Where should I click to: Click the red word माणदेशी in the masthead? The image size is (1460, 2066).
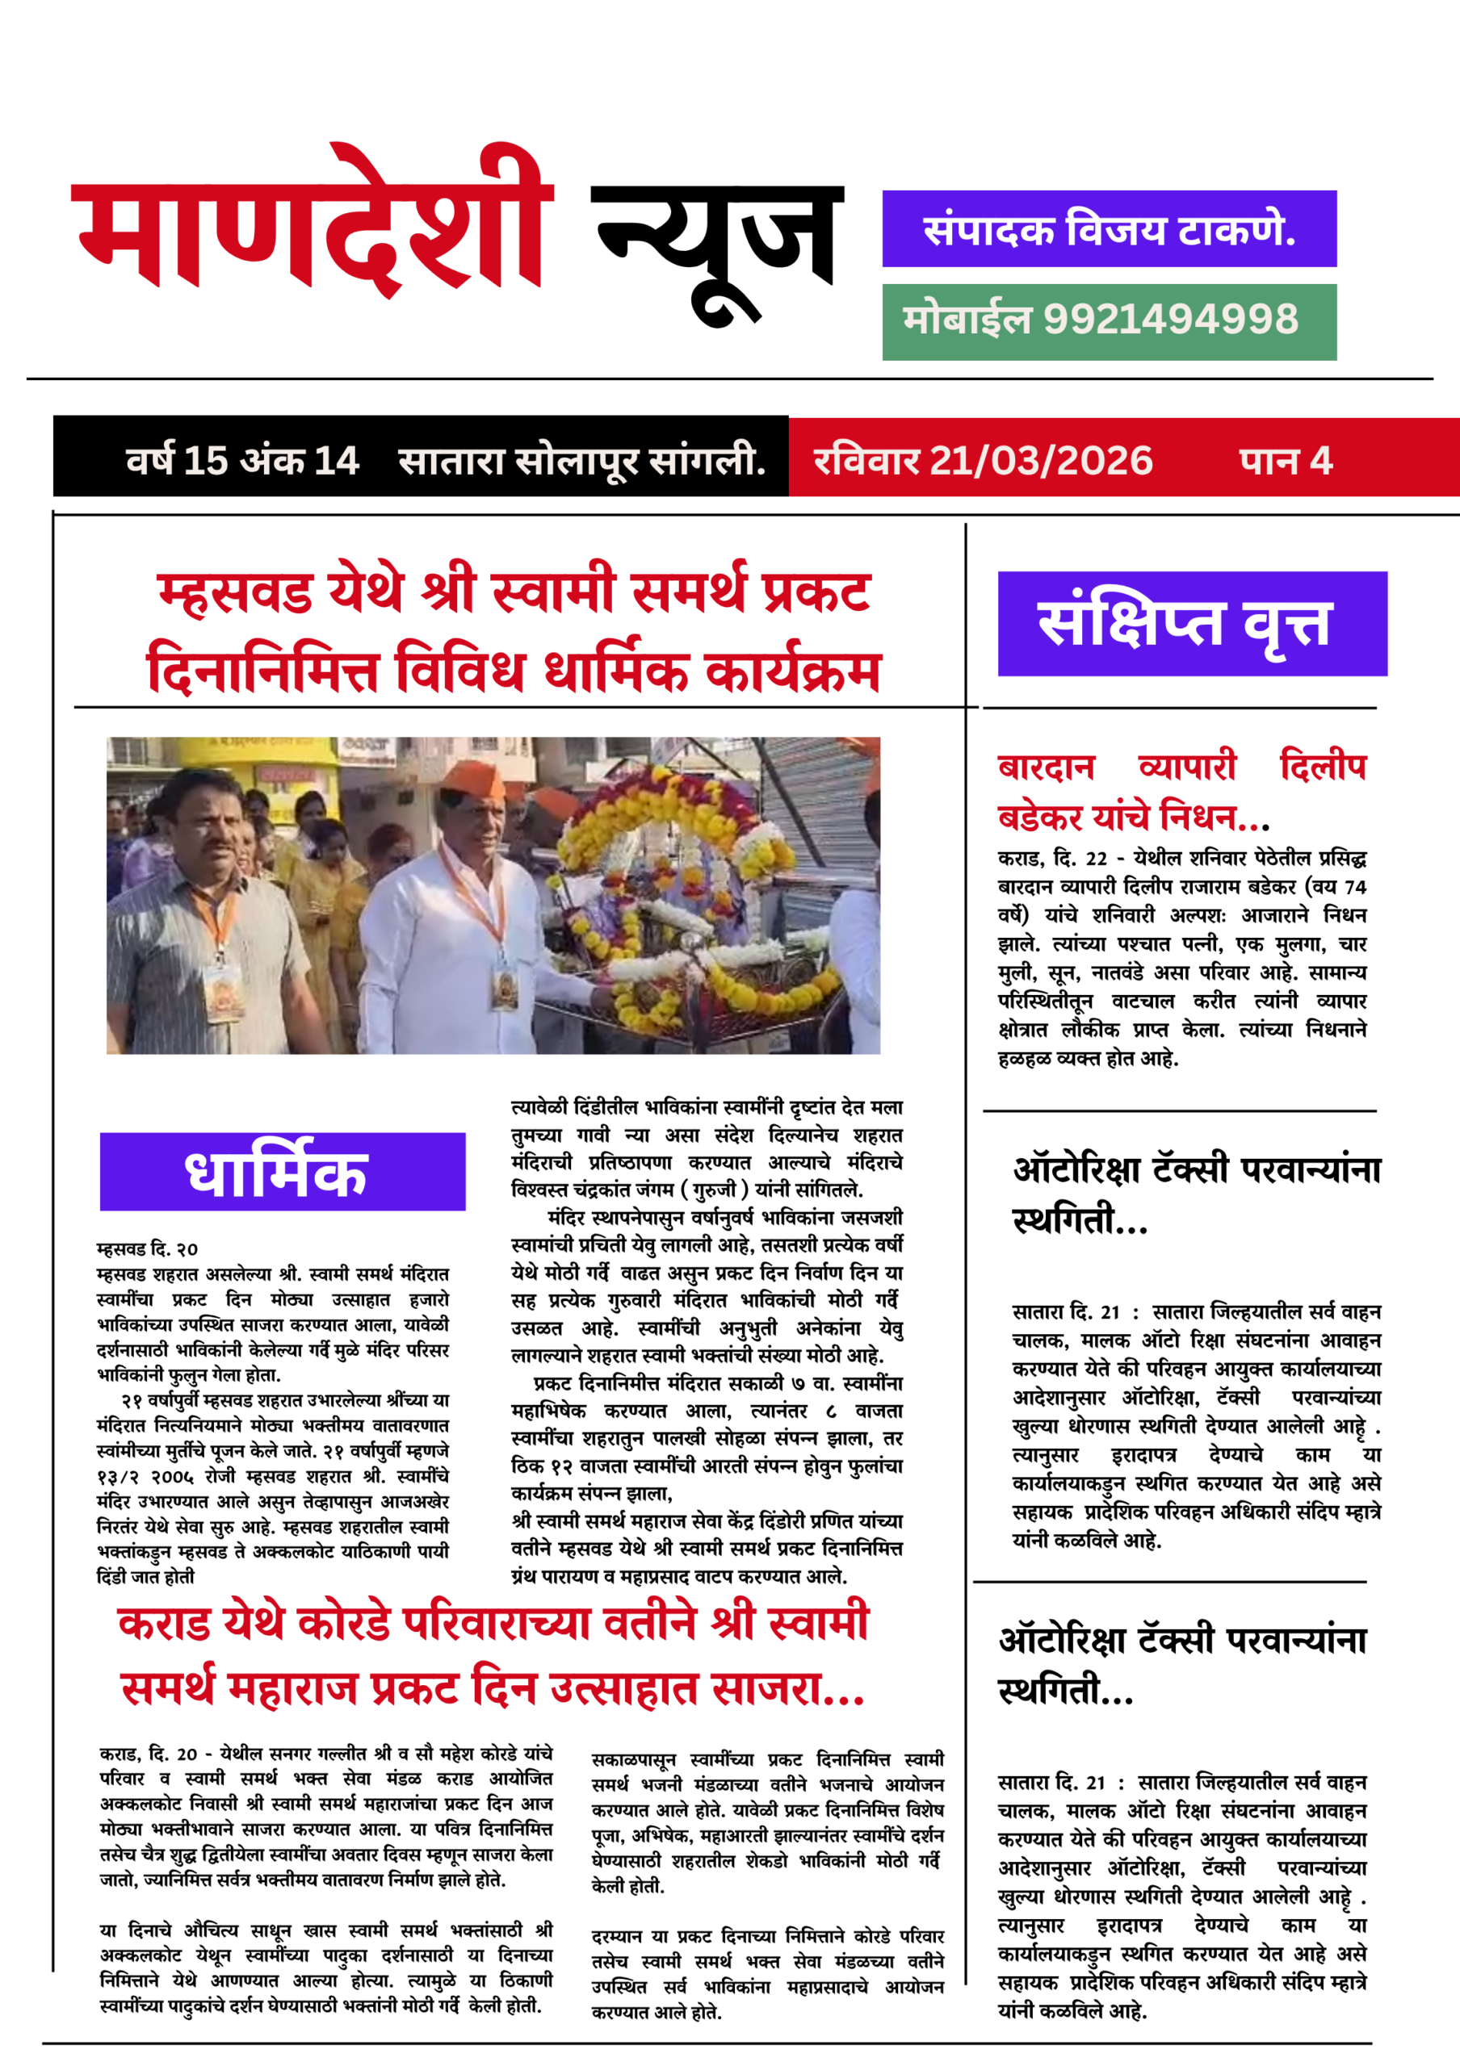click(x=311, y=225)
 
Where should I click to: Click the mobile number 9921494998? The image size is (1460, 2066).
click(x=1170, y=320)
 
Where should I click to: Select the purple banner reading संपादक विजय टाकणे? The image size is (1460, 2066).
click(x=1109, y=228)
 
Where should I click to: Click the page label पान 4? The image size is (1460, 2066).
click(x=1286, y=461)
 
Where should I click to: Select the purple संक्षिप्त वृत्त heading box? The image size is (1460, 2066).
click(x=1192, y=623)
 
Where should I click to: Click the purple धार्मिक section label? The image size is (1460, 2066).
click(x=282, y=1172)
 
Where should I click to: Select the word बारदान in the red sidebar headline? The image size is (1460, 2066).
click(x=1046, y=767)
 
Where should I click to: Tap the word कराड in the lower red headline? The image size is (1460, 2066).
click(x=164, y=1622)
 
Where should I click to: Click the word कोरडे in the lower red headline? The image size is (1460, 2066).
click(x=344, y=1622)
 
